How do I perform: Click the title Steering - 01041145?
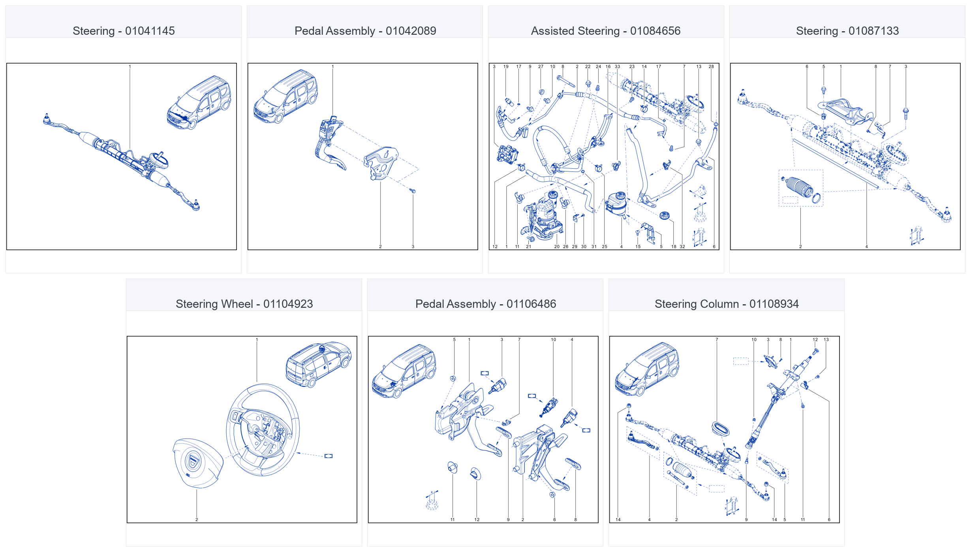click(x=124, y=31)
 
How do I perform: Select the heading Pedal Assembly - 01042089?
click(x=365, y=31)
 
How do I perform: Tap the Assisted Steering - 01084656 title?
click(x=606, y=31)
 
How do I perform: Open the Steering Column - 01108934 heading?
click(x=727, y=304)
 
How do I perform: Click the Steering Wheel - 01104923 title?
click(x=244, y=304)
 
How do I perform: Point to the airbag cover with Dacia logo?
click(x=197, y=463)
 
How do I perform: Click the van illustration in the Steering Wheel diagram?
click(x=318, y=364)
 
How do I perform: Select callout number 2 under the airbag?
click(x=197, y=520)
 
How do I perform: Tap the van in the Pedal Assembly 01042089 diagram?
click(x=285, y=96)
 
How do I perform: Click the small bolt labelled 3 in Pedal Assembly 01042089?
click(x=413, y=191)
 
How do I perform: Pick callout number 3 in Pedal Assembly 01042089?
click(x=413, y=247)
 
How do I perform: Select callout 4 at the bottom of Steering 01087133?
click(x=867, y=247)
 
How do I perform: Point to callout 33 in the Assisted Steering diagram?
click(x=618, y=66)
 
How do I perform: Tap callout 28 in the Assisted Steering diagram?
click(x=711, y=66)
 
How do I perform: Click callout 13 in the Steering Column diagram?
click(x=826, y=339)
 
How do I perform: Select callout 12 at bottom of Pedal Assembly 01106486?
click(x=477, y=520)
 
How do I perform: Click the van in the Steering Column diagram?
click(x=647, y=369)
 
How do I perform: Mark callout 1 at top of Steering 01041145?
click(x=130, y=66)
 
